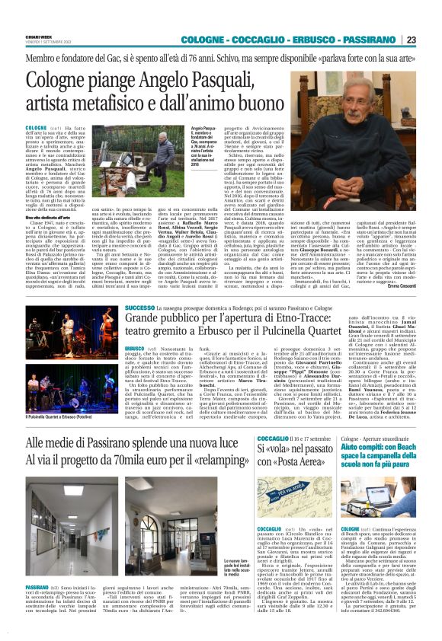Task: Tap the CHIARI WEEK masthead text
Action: pyautogui.click(x=40, y=37)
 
